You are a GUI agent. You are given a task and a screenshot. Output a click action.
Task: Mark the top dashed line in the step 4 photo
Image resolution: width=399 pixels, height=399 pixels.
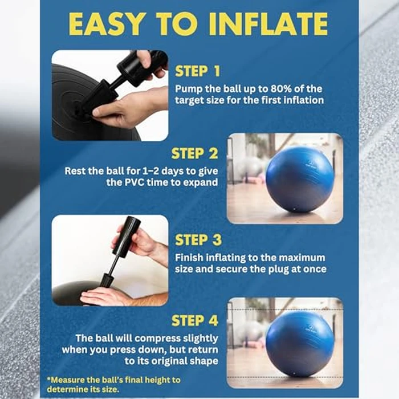tap(285, 310)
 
